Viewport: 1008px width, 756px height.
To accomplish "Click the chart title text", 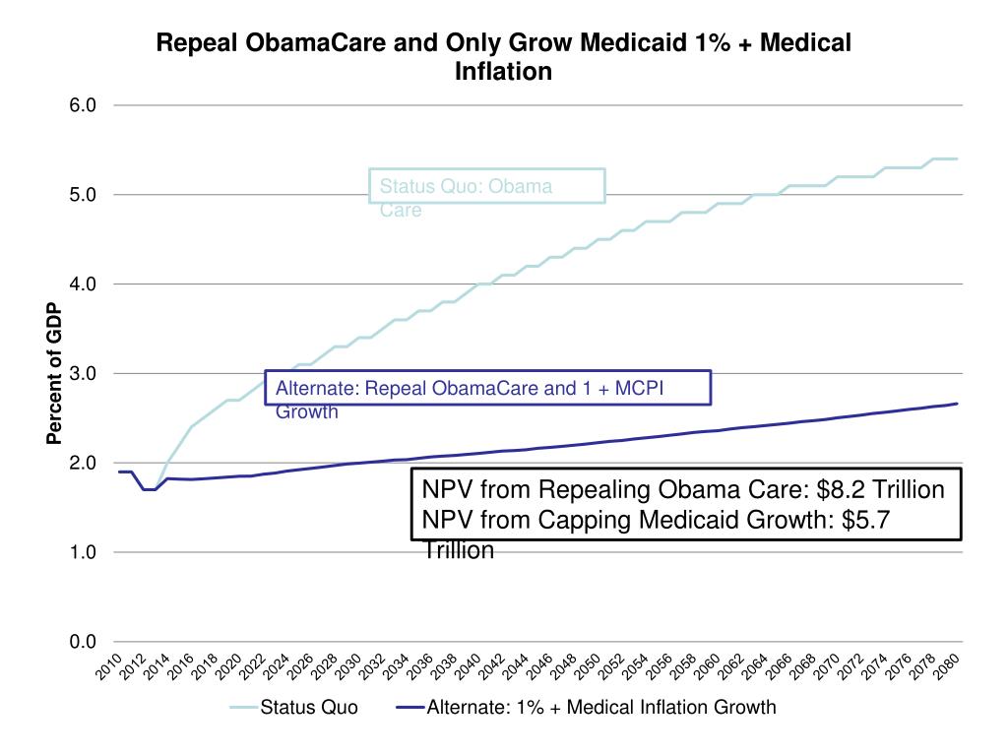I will (x=504, y=57).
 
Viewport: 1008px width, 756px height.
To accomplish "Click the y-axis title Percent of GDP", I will (x=55, y=374).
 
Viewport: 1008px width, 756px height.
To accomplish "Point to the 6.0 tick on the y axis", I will (x=83, y=105).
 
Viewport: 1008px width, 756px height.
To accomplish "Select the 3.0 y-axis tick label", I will (x=83, y=374).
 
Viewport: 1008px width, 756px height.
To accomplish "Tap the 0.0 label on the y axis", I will (x=83, y=643).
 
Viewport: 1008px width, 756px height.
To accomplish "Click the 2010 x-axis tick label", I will (x=108, y=665).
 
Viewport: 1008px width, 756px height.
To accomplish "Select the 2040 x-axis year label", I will (x=468, y=665).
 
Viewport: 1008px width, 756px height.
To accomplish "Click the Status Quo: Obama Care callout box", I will (x=487, y=186).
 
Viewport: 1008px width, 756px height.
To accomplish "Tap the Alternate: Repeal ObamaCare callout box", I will (x=488, y=388).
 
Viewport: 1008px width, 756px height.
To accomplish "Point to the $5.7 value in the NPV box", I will (x=866, y=520).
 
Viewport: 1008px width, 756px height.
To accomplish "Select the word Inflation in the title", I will (x=504, y=72).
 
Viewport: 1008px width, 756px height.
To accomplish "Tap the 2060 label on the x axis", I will (x=707, y=665).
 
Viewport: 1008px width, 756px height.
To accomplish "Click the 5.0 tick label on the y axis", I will (x=83, y=195).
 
